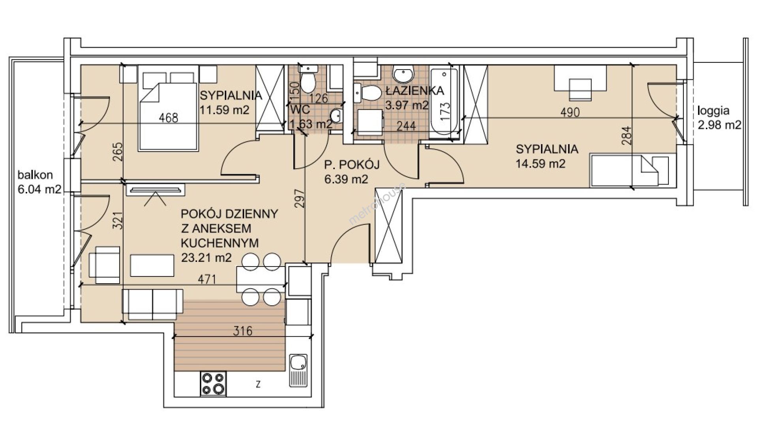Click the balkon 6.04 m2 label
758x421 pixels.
(x=39, y=182)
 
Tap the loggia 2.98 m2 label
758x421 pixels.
(x=719, y=118)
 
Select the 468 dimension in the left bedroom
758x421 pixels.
(x=169, y=118)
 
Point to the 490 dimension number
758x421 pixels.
(x=570, y=113)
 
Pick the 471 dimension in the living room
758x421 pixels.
(x=207, y=279)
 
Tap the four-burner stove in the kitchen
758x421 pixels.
(x=214, y=384)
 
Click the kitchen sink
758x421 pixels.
(x=298, y=371)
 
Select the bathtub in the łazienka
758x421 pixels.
(x=444, y=102)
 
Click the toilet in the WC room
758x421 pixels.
(x=308, y=79)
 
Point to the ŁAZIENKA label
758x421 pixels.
(x=415, y=90)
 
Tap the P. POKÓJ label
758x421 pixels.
(x=352, y=164)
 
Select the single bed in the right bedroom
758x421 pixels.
(x=633, y=170)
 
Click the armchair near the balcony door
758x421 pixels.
(x=104, y=265)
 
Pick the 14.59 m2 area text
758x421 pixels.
(x=541, y=164)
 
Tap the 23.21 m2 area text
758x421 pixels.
(x=206, y=258)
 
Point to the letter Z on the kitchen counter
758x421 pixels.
(x=258, y=383)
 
